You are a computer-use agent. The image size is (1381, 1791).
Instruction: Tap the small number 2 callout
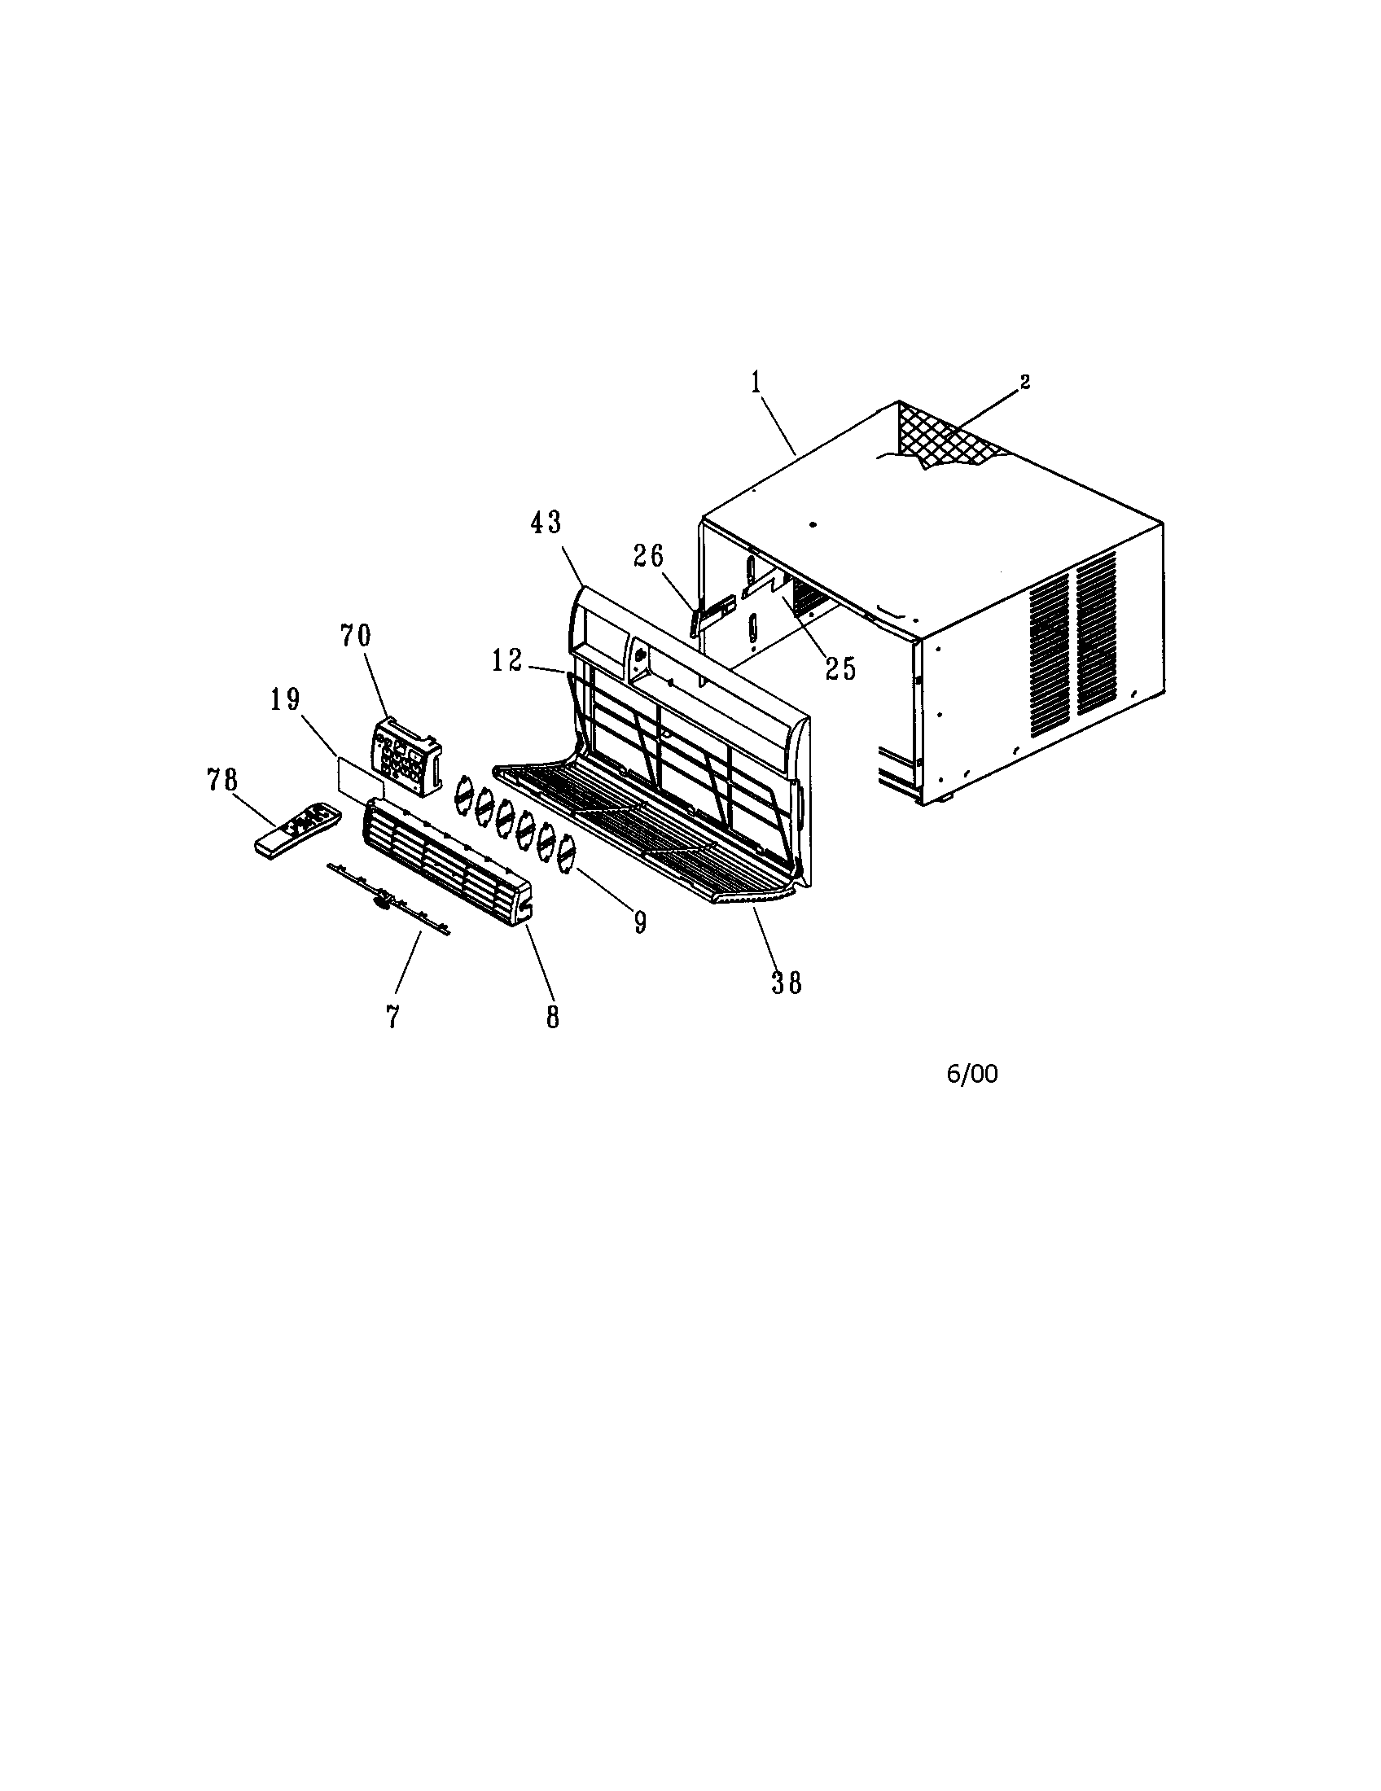1024,381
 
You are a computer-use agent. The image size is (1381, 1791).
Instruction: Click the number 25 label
840,668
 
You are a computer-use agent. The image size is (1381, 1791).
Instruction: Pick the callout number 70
356,635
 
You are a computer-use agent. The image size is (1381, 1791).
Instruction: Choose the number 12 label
506,661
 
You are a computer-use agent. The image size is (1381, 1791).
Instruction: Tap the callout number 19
285,699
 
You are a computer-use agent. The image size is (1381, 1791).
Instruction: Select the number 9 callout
641,922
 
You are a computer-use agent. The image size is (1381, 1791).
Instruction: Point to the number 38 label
786,982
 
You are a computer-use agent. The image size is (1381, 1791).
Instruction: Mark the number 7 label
392,1018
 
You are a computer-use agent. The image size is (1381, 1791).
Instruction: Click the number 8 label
553,1018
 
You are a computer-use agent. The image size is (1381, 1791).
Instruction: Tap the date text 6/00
972,1075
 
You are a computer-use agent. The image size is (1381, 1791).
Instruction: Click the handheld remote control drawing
298,830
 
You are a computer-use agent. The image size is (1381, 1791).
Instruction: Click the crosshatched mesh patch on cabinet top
951,436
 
